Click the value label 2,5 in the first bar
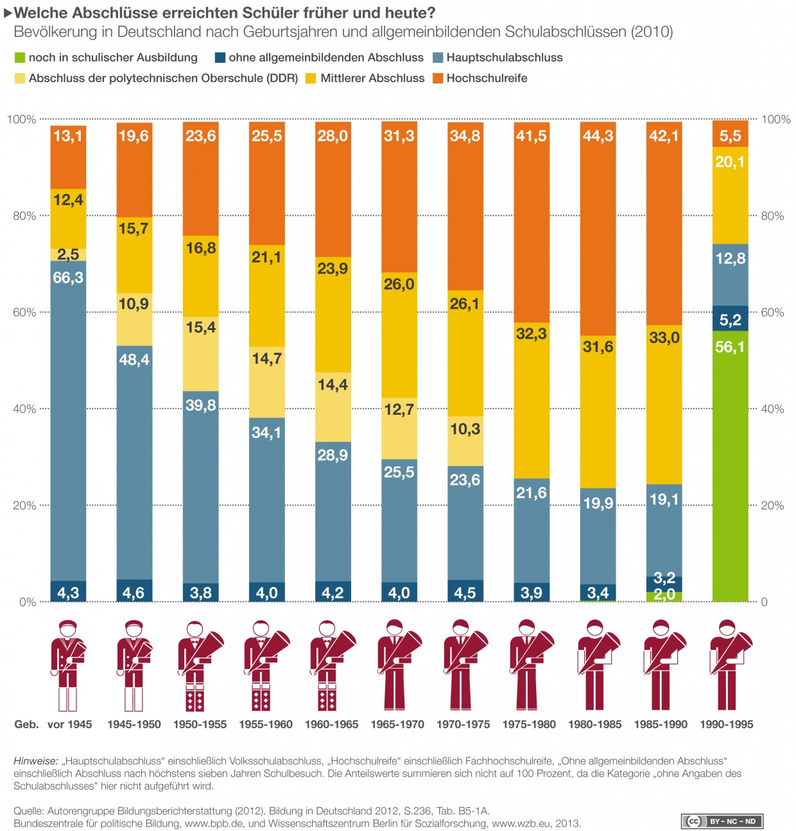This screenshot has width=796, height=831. [x=68, y=254]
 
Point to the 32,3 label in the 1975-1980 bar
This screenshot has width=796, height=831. [x=531, y=333]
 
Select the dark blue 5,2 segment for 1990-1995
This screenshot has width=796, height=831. [x=730, y=319]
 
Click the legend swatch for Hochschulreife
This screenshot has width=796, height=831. [x=438, y=78]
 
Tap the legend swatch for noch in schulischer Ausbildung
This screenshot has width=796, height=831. [x=20, y=58]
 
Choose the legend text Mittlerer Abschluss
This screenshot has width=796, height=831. [x=372, y=78]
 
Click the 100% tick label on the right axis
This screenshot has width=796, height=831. [x=775, y=119]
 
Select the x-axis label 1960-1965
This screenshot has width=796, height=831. [x=331, y=724]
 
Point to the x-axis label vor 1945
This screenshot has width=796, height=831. [x=69, y=724]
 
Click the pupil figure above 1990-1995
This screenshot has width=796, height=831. [x=728, y=665]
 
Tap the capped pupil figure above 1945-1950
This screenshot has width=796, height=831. [x=134, y=665]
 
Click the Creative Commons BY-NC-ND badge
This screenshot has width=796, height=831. [x=722, y=821]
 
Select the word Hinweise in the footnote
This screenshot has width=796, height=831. [x=35, y=761]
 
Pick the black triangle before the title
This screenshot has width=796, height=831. [x=8, y=13]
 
